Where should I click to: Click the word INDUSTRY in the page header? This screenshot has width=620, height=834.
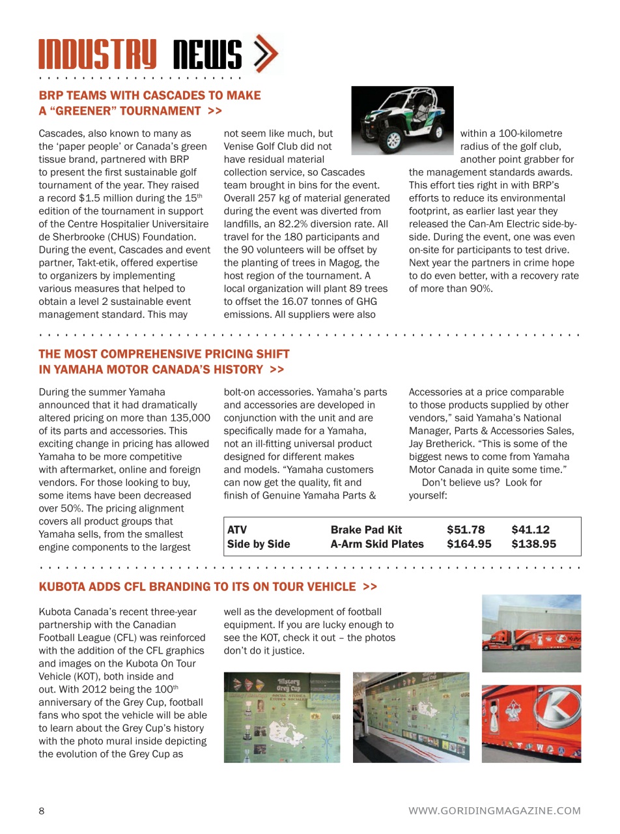[98, 55]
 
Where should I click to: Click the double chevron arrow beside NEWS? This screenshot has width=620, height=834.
[264, 53]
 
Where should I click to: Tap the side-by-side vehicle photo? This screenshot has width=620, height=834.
[402, 121]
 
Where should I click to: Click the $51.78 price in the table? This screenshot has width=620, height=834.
[466, 530]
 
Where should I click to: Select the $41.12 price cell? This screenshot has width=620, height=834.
[530, 530]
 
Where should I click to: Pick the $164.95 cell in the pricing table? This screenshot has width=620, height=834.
[469, 544]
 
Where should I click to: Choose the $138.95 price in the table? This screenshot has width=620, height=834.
[533, 544]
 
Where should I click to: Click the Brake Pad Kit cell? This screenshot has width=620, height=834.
[366, 530]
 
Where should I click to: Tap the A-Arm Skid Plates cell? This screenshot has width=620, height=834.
[377, 544]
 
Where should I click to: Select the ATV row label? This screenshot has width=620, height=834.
[237, 530]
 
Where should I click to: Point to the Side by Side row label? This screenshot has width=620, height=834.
[259, 544]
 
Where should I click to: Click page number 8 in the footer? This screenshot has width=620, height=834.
[42, 811]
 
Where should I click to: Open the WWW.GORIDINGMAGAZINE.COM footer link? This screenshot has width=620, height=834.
[494, 811]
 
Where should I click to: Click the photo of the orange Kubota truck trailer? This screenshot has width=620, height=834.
[531, 633]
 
